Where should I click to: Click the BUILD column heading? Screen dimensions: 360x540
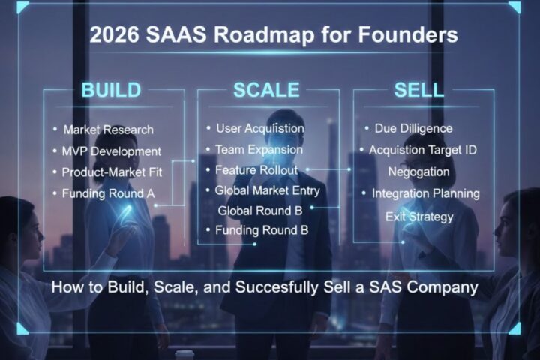111,91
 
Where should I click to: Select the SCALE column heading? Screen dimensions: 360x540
266,91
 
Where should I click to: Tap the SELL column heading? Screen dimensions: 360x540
419,91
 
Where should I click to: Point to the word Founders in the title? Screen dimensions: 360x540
412,35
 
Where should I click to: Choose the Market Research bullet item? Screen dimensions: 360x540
108,130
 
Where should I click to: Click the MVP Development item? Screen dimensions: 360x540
112,151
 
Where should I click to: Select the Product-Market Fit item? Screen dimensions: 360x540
112,172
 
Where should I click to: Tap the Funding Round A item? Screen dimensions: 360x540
109,193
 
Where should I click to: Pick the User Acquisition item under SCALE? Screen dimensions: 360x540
259,128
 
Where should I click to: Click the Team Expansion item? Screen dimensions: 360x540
259,149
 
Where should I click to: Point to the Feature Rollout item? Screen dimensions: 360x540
256,170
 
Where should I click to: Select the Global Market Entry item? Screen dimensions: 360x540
267,190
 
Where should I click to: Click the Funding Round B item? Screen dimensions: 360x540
261,229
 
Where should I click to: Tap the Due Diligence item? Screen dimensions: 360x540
413,129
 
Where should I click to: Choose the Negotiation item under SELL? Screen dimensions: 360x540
418,172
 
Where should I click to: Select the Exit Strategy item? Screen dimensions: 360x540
419,217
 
